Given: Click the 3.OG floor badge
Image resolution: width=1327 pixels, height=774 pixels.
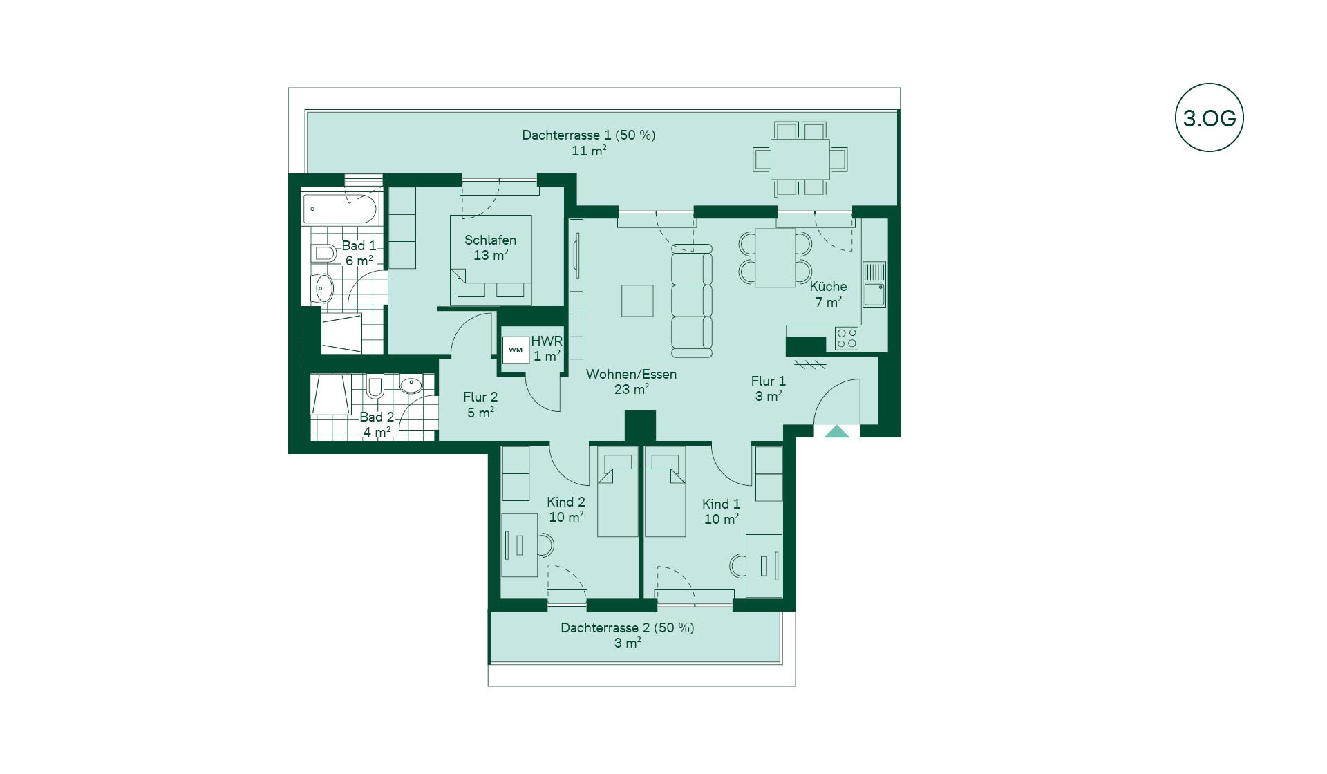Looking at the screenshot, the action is pos(1209,117).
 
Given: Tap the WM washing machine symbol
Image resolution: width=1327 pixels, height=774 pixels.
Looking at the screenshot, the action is pos(516,350).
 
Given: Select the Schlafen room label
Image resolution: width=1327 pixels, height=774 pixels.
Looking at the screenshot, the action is pos(490,240).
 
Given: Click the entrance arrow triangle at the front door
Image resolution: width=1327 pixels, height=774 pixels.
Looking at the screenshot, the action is pos(837,432).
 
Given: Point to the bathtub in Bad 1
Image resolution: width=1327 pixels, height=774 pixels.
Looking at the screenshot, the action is pos(341,209).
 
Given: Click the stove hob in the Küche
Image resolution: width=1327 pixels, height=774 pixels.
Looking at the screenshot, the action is pos(847,338).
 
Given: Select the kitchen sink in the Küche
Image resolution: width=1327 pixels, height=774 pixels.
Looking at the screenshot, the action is pos(874,284).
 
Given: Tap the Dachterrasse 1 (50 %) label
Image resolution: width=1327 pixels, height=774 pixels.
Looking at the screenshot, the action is pos(588,135).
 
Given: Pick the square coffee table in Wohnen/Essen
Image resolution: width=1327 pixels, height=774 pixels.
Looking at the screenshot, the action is pos(637,301).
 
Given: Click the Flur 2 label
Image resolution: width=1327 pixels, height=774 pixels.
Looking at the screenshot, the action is pos(480,397).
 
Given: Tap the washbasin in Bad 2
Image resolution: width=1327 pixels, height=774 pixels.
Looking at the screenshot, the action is pos(412,384).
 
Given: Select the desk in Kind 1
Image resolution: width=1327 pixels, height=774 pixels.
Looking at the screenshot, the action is pos(764,565).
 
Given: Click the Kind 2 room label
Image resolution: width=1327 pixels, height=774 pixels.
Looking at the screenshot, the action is pos(566,502).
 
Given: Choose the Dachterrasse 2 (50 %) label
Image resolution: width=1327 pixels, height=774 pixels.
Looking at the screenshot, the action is pos(627,628).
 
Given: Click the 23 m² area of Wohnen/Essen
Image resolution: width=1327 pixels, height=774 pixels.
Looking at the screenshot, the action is pos(632,390).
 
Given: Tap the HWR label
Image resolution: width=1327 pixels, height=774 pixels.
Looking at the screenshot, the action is pos(546,341).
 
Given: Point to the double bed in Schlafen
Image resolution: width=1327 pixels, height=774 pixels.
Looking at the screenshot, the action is pos(491,260).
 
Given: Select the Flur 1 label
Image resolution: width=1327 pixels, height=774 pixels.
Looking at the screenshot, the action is pos(769,381).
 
